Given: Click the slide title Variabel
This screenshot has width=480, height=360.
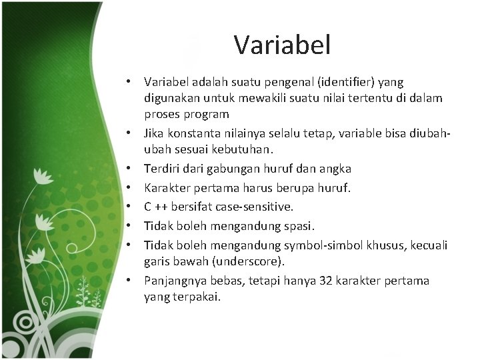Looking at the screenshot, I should click(282, 46).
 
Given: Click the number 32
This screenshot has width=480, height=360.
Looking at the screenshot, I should click(324, 281).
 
